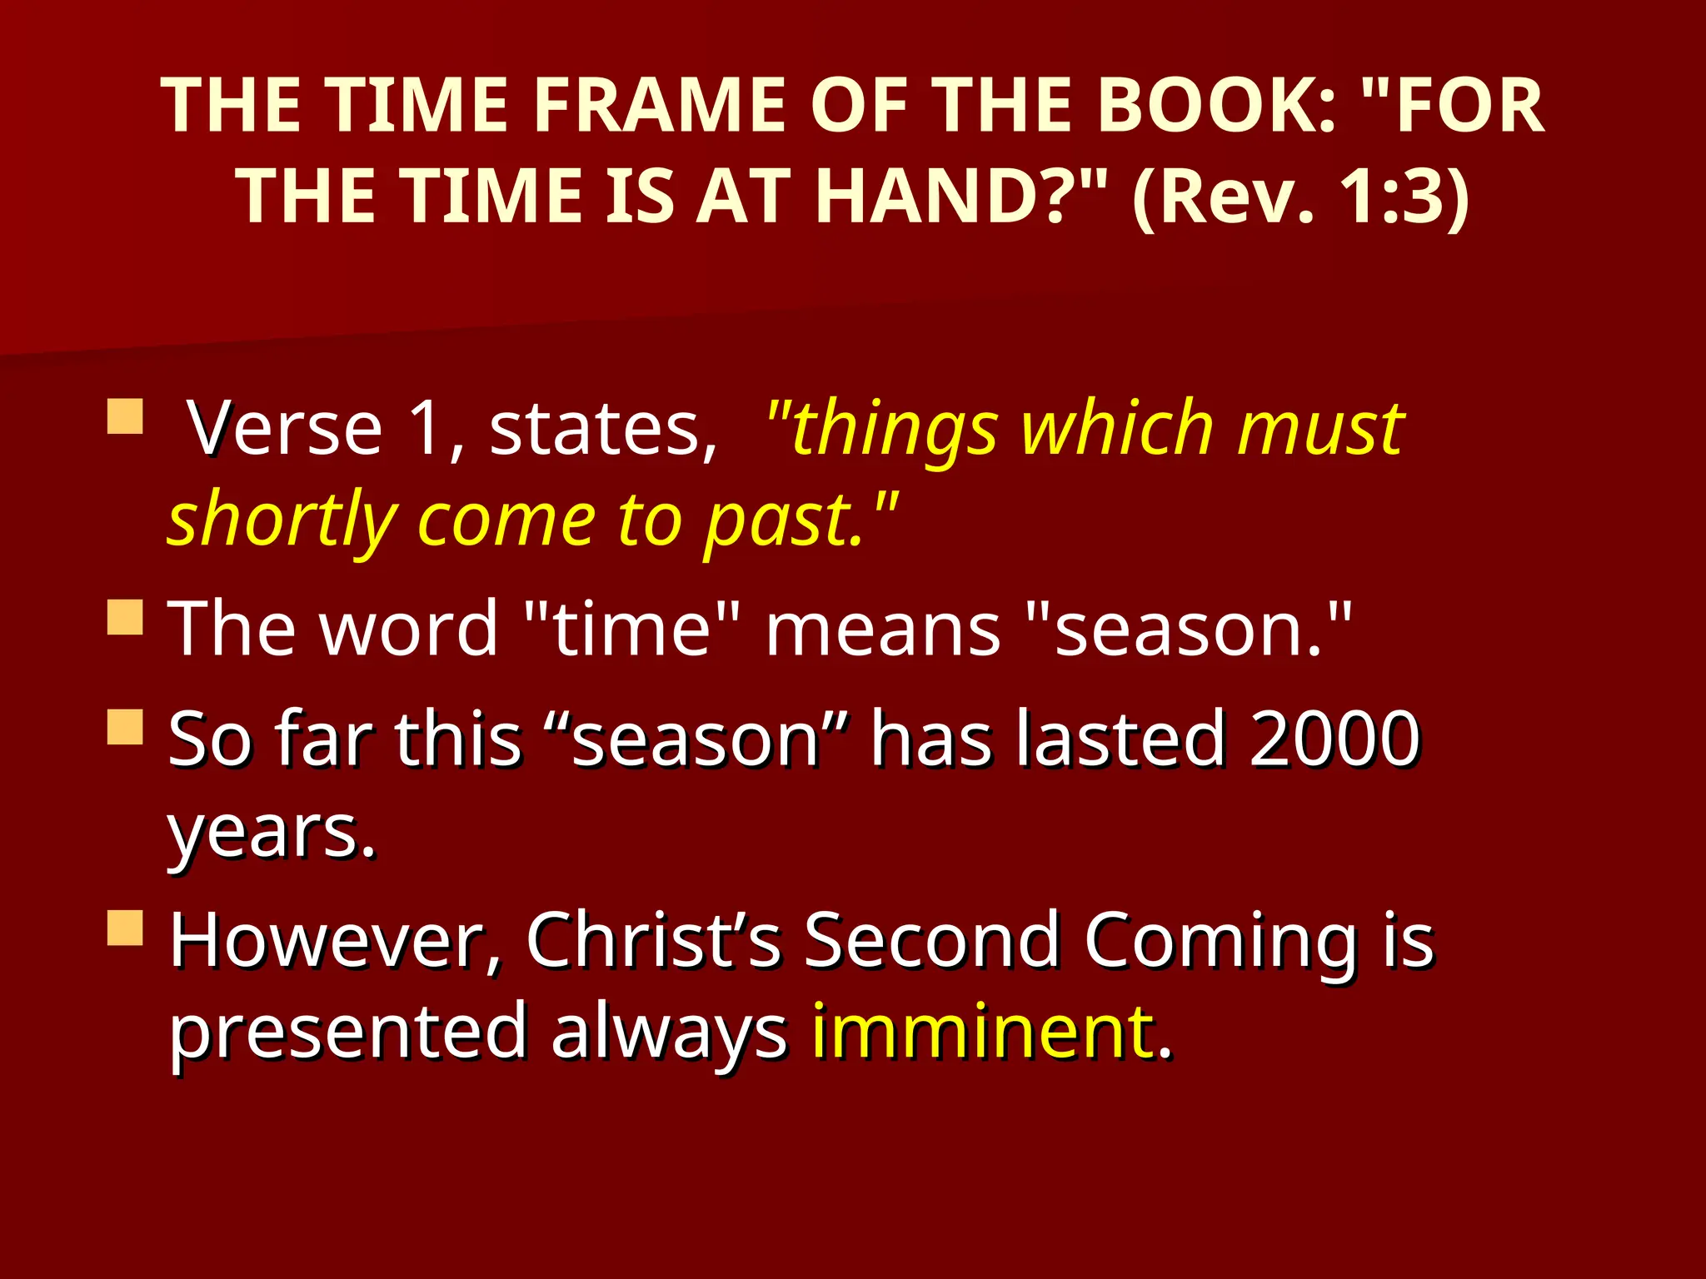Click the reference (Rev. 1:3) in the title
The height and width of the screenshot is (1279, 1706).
tap(1300, 197)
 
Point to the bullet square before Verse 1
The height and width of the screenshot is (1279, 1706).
tap(125, 416)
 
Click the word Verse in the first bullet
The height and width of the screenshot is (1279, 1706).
tap(285, 429)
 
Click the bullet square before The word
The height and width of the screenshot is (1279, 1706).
tap(125, 617)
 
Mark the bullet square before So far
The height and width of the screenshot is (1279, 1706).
tap(125, 726)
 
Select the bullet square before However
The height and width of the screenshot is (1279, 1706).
tap(125, 927)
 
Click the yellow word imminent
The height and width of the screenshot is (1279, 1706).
tap(983, 1033)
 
